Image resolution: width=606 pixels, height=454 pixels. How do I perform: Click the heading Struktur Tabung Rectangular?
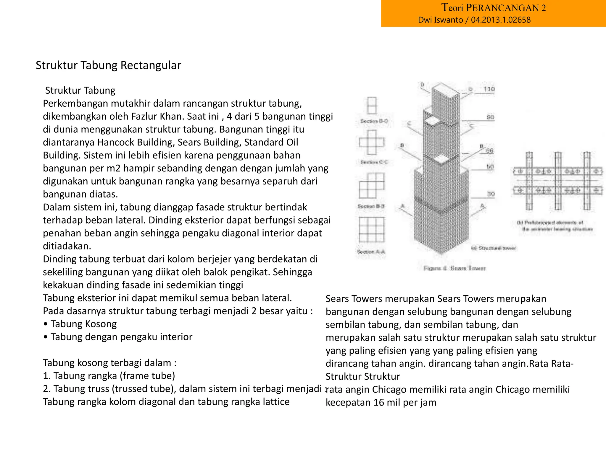(x=108, y=65)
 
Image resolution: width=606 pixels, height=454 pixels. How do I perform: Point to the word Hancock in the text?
(x=116, y=142)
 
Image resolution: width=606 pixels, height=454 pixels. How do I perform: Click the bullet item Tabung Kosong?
(x=83, y=324)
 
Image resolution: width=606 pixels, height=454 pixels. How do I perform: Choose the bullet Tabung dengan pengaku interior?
(x=121, y=337)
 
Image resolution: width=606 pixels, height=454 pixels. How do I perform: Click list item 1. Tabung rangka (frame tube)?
(x=109, y=376)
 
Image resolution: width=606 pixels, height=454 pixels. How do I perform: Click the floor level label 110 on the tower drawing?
(x=489, y=89)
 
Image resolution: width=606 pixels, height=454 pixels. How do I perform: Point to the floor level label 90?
(x=490, y=117)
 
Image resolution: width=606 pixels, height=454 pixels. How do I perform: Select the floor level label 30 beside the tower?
(x=491, y=194)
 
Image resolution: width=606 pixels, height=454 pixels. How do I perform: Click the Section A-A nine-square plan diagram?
(x=372, y=230)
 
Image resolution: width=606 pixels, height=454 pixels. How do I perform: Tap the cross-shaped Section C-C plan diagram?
(x=372, y=142)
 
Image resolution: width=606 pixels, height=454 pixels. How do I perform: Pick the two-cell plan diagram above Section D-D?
(x=372, y=106)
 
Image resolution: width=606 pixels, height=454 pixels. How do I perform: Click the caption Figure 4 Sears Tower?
(x=454, y=268)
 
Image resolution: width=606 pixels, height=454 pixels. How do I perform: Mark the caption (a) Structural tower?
(x=494, y=248)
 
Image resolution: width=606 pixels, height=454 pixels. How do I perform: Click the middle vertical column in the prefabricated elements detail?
(x=558, y=181)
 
